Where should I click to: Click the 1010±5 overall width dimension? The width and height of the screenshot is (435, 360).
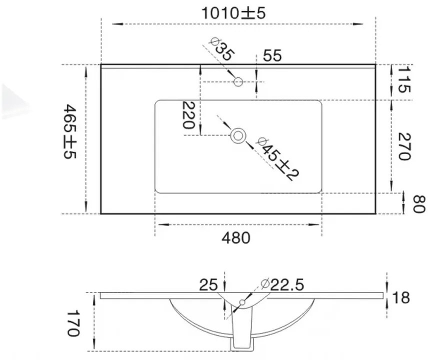(x=233, y=13)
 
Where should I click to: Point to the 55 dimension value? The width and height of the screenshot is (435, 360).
(x=272, y=55)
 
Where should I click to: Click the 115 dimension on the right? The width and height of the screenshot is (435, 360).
(x=403, y=81)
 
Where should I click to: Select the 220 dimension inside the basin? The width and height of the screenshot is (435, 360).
(x=188, y=115)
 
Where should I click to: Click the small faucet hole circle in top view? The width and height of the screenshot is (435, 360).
(x=238, y=81)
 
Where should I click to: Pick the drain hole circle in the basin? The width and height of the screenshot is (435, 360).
(x=238, y=135)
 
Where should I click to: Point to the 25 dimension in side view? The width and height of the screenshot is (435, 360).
(x=208, y=285)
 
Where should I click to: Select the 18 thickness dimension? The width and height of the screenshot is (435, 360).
(x=401, y=297)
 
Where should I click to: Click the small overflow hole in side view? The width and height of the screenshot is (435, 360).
(x=242, y=302)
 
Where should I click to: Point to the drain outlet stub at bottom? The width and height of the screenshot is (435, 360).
(x=241, y=344)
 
